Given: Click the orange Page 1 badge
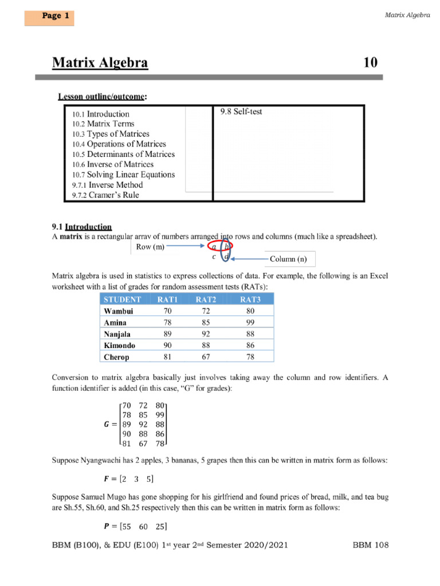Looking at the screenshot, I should coord(49,17).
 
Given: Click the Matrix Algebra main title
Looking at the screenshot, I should coord(100,62).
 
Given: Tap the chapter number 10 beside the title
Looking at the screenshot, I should coord(371,62).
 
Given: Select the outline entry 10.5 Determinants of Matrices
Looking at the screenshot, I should coord(123,155).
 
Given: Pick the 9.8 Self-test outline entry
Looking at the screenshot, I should coord(241,112).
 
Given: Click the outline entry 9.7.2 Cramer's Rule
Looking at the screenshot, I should coord(105,195).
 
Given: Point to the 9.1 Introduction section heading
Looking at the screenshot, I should coord(82,227).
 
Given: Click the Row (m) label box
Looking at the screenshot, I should coord(150,247).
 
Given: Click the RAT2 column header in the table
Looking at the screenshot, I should coord(206,299).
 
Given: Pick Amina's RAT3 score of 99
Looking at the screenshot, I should coord(250,323).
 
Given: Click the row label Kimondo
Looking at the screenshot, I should coord(120,346).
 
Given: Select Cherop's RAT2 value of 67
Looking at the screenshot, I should coord(206,357).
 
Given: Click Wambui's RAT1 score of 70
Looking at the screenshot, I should coord(167,311).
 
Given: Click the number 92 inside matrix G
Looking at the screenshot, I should coord(143,425).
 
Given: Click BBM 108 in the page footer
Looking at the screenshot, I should coord(370,545).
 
